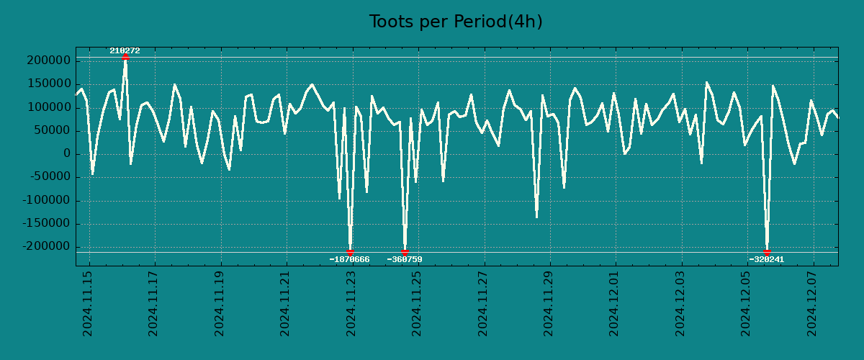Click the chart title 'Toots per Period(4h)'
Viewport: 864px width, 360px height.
(x=455, y=22)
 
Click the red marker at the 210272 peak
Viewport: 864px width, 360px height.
(x=125, y=57)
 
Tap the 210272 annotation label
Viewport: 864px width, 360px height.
(x=125, y=50)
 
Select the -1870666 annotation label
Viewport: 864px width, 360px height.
(x=349, y=259)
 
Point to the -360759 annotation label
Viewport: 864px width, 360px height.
(x=405, y=259)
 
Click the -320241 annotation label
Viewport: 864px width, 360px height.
(x=766, y=259)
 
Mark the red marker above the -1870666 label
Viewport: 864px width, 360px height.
(x=350, y=253)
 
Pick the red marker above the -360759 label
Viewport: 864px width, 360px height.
(x=405, y=253)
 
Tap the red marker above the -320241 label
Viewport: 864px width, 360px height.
(x=767, y=253)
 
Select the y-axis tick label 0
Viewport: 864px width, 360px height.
(x=66, y=154)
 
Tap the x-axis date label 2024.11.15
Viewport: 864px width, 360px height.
(x=88, y=303)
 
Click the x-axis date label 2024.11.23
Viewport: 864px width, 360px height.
(x=351, y=303)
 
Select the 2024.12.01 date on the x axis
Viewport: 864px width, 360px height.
(x=615, y=303)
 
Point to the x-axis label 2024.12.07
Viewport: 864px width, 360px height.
(x=813, y=303)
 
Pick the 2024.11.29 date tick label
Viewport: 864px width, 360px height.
(x=549, y=303)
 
